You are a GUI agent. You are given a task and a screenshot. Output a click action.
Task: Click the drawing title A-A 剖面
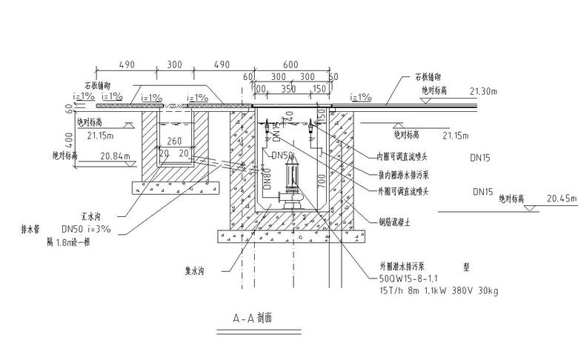[x=253, y=319]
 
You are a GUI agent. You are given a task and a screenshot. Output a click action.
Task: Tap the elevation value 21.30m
[x=485, y=91]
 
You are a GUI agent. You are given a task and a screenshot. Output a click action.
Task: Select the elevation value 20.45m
[x=562, y=199]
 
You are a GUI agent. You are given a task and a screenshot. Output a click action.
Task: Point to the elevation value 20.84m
[x=116, y=156]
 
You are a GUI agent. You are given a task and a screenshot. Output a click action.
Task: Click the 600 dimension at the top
[x=290, y=64]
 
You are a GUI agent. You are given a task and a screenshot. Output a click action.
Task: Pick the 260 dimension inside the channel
[x=173, y=141]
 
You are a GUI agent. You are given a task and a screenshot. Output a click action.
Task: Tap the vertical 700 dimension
[x=321, y=180]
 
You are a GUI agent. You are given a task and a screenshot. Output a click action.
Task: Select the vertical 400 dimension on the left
[x=70, y=139]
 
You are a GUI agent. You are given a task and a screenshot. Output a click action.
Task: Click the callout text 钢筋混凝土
[x=396, y=220]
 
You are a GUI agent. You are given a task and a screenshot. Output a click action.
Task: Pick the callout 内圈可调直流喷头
[x=403, y=156]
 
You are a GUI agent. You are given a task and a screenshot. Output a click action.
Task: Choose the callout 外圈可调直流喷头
[x=403, y=191]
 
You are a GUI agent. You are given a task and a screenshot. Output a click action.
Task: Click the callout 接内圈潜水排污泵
[x=403, y=174]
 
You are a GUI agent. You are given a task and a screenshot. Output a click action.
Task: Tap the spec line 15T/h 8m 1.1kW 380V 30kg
[x=437, y=291]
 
